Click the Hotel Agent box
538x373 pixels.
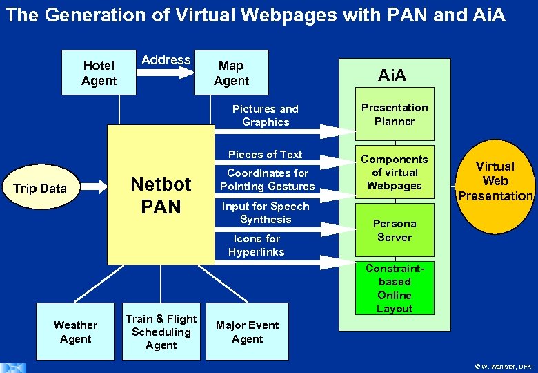(x=99, y=73)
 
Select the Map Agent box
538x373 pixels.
(x=231, y=73)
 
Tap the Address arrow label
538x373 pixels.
(x=166, y=60)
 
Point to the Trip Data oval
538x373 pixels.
(x=41, y=189)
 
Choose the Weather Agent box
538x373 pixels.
(x=75, y=332)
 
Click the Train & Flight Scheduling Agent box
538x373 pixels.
(x=161, y=332)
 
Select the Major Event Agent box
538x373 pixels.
(x=247, y=332)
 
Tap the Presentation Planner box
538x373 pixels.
(x=395, y=114)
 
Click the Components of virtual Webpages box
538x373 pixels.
(x=395, y=172)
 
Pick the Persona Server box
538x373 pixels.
(x=395, y=230)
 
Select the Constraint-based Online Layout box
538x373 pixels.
(x=395, y=288)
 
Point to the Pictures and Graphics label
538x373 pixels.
(x=266, y=115)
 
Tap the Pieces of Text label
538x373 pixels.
(x=266, y=155)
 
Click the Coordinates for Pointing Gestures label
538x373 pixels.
(x=267, y=180)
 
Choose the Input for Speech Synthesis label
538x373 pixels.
(x=266, y=213)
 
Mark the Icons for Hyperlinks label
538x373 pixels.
(x=257, y=245)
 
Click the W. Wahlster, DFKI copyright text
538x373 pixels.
(x=504, y=366)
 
